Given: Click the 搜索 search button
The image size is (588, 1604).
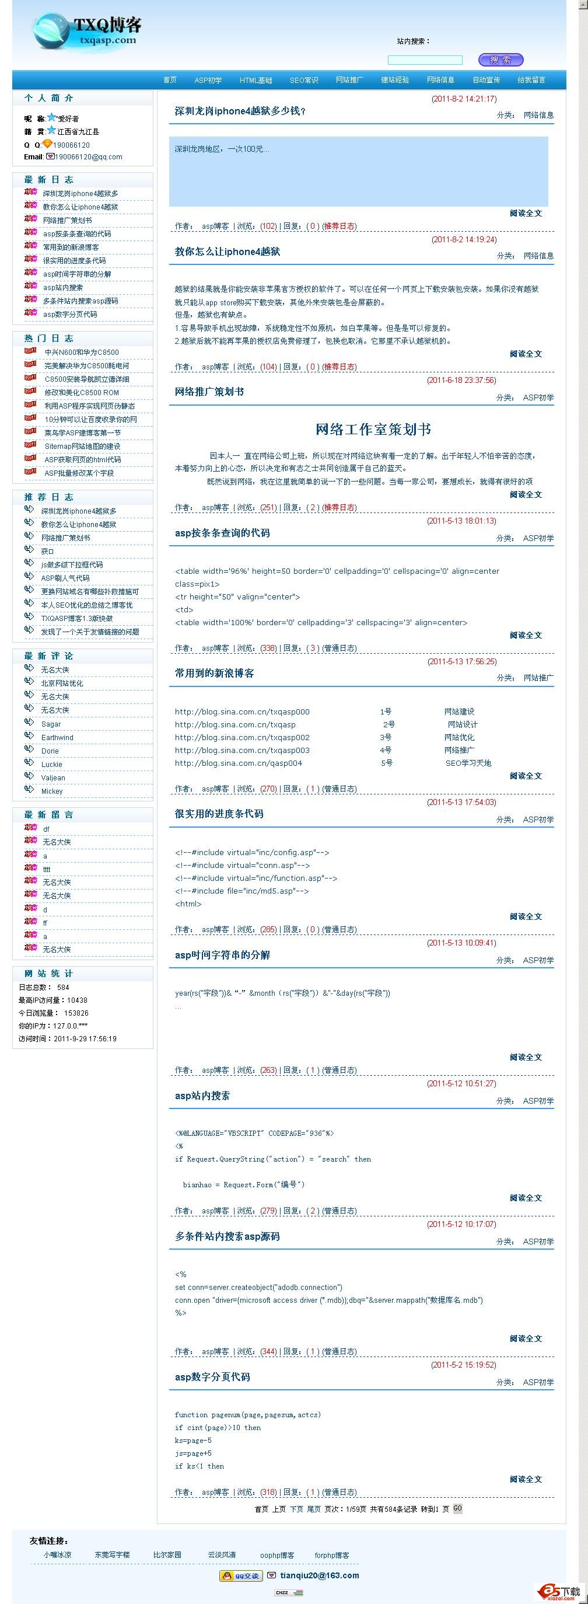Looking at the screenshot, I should point(501,60).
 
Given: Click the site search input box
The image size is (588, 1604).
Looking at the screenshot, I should point(425,60).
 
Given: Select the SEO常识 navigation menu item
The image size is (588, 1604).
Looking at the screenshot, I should point(304,81).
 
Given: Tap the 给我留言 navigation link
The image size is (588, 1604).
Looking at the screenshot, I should point(531,80).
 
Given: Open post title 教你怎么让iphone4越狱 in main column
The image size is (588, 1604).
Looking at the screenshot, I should point(227,252).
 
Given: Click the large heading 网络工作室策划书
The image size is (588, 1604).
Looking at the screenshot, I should point(373,429).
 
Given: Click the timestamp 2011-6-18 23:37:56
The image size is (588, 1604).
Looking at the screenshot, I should point(461,380).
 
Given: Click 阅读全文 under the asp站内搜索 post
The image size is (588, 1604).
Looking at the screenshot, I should point(525,1197).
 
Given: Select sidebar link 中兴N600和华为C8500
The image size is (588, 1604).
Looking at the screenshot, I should point(82,353).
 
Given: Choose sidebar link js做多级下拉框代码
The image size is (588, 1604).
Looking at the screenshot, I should point(72,565).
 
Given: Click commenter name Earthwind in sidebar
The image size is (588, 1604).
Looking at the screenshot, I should point(57,737).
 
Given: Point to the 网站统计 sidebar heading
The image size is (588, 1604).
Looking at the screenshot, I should point(48,973).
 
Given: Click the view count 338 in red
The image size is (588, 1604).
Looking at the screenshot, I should point(268,648).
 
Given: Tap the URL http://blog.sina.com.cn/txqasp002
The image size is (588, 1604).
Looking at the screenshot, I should point(242,737).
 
